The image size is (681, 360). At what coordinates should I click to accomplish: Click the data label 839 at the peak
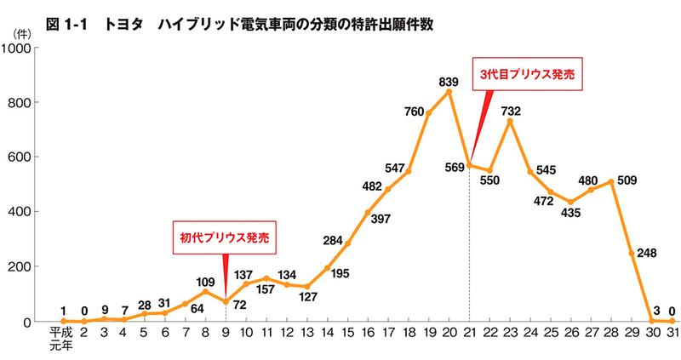click(449, 82)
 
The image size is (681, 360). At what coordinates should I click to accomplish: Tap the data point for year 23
click(510, 122)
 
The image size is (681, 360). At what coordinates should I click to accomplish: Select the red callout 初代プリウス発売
click(226, 237)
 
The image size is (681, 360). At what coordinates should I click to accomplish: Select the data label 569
click(453, 167)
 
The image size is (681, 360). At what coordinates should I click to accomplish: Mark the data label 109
click(204, 281)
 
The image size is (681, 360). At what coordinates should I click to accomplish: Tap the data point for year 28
click(611, 181)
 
